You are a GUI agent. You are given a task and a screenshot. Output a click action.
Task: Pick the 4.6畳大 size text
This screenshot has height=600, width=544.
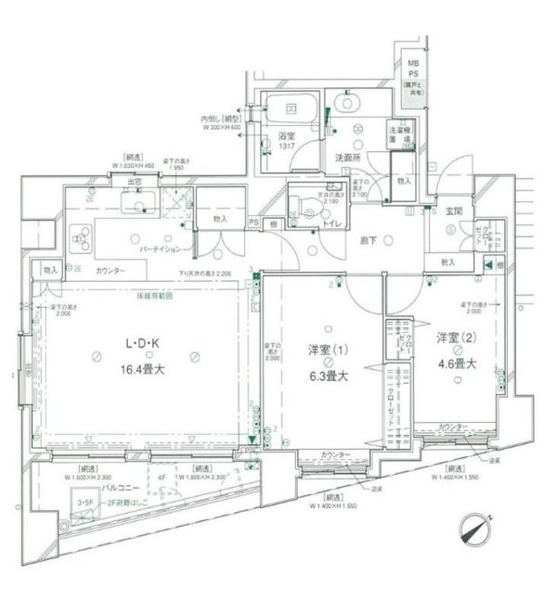click(x=455, y=364)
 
